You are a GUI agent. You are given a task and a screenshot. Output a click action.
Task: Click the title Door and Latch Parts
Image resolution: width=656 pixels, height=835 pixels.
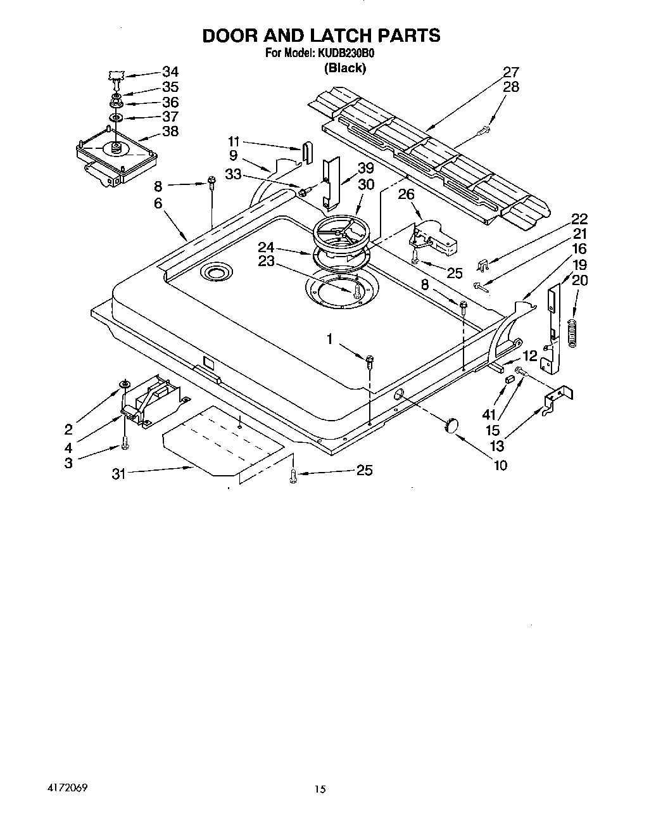pyautogui.click(x=321, y=36)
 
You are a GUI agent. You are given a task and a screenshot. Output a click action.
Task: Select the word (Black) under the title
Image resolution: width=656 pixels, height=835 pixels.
pyautogui.click(x=344, y=68)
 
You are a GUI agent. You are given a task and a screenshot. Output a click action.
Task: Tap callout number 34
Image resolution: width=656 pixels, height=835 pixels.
pyautogui.click(x=170, y=72)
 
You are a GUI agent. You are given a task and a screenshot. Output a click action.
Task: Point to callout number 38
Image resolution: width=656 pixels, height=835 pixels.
pyautogui.click(x=170, y=131)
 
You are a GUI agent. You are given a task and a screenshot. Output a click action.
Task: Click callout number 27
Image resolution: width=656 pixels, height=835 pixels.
pyautogui.click(x=510, y=72)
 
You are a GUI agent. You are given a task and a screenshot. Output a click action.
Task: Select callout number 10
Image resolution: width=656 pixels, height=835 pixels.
pyautogui.click(x=500, y=466)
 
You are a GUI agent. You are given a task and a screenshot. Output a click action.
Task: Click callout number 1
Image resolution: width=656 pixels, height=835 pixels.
pyautogui.click(x=329, y=340)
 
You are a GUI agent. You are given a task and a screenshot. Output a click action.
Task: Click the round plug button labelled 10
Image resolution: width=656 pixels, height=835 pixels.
pyautogui.click(x=451, y=426)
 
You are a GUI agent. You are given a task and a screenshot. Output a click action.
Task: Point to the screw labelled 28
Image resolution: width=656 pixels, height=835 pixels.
pyautogui.click(x=484, y=131)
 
